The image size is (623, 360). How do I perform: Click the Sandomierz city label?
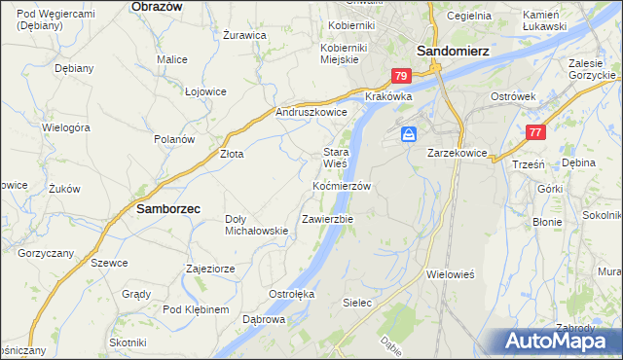click(x=453, y=51)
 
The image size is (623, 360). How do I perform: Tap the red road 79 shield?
click(x=400, y=76)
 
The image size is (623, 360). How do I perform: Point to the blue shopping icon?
click(x=410, y=132)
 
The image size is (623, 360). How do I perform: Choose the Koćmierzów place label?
click(x=342, y=186)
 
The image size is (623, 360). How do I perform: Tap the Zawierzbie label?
click(x=328, y=219)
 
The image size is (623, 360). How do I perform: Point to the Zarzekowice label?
click(x=457, y=153)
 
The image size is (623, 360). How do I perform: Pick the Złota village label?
click(x=232, y=154)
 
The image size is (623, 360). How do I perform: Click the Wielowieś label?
click(x=450, y=274)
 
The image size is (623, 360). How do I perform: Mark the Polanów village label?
click(x=175, y=139)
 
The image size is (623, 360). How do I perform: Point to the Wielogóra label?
click(x=66, y=127)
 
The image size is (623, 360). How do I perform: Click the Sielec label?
click(x=357, y=303)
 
